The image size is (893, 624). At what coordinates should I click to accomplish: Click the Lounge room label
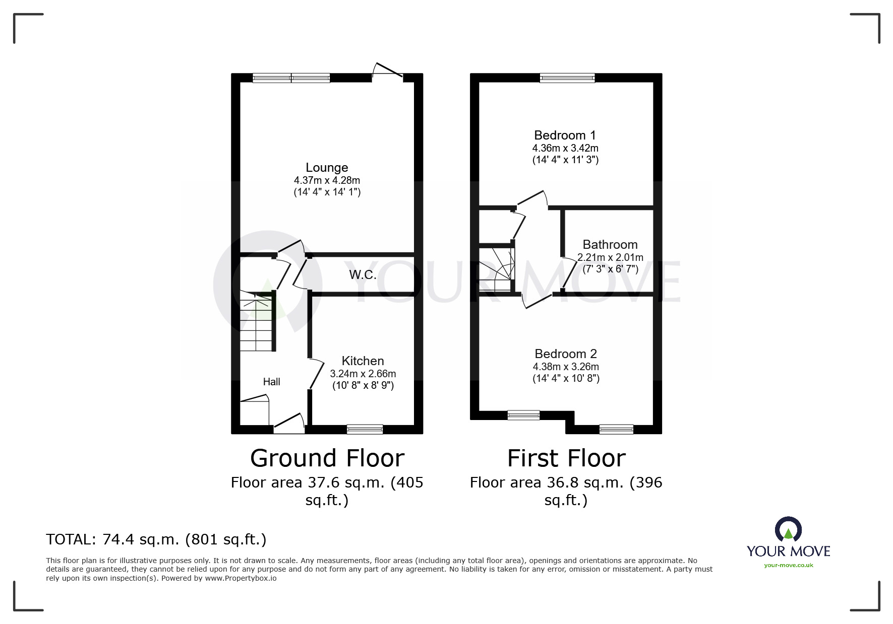coord(327,168)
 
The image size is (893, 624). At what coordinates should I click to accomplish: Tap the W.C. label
coord(363,275)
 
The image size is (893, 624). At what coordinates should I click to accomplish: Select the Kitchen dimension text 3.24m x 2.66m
coord(363,374)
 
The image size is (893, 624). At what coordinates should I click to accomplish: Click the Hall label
coord(271,382)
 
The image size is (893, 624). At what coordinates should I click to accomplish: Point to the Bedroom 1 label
coord(565,135)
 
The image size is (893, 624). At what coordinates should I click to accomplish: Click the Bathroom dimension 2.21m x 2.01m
coord(610,257)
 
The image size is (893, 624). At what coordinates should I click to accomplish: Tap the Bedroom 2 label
coord(566,354)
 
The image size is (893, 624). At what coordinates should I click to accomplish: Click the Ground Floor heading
coord(327,458)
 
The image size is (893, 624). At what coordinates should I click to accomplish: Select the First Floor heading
coord(566,458)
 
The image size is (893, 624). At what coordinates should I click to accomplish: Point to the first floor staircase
coord(496,269)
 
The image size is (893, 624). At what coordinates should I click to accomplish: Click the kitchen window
coord(365,430)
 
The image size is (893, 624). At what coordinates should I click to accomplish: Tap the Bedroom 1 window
coord(567,78)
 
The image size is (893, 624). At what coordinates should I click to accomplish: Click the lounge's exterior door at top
coord(387,72)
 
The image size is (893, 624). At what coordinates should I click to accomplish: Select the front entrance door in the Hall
coord(289,423)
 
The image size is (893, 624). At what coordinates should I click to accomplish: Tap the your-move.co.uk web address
coord(788,565)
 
